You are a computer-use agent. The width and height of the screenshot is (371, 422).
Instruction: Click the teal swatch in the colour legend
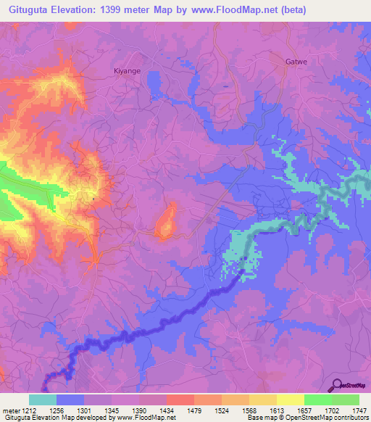click(x=43, y=400)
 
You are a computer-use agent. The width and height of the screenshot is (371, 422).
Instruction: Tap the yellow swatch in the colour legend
click(x=291, y=400)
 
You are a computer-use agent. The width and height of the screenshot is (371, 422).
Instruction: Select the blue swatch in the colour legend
click(x=70, y=400)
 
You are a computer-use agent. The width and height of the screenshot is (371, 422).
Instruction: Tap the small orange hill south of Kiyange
click(x=166, y=222)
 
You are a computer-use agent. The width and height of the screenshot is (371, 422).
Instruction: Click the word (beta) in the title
click(x=290, y=9)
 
